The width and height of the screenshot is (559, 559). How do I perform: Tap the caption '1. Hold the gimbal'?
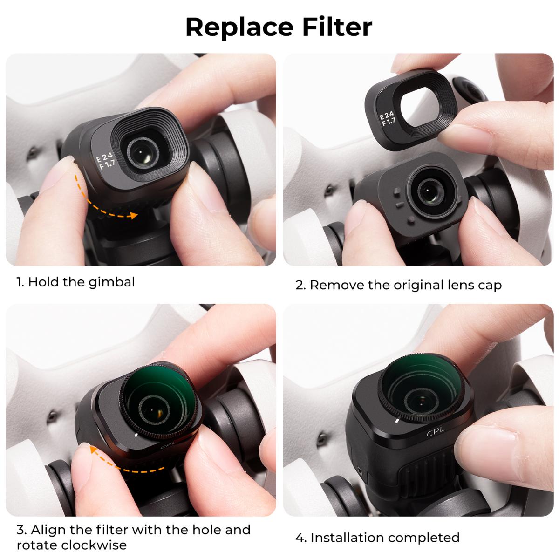75,282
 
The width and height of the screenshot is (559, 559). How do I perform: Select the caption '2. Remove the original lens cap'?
399,285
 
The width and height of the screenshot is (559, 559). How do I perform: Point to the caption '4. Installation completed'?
378,537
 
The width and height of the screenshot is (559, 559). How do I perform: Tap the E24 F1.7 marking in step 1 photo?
104,164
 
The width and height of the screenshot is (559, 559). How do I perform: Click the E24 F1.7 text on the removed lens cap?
388,119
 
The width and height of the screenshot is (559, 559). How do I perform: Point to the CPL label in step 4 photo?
436,434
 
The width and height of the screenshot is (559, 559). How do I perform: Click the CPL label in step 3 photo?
166,445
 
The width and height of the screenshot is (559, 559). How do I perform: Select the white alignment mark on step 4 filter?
396,420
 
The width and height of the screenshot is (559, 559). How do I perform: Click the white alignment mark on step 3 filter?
135,435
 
